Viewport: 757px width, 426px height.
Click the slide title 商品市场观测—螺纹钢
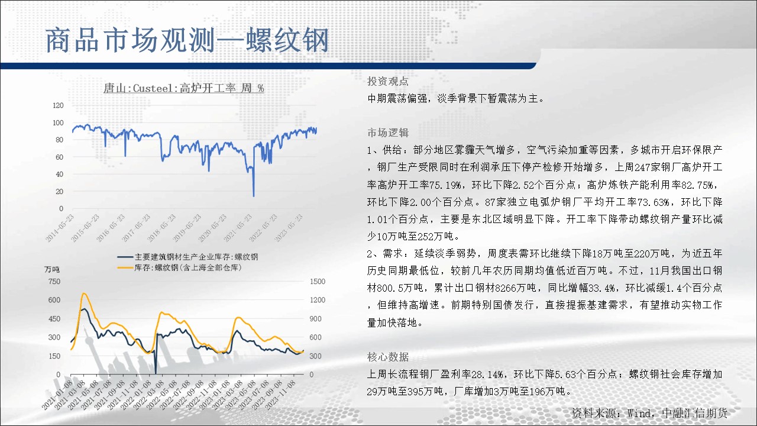tap(187, 41)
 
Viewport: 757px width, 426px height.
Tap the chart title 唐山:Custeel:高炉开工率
tap(169, 88)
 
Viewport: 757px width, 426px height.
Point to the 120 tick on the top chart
tap(58, 105)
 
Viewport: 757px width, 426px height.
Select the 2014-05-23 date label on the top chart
tap(60, 228)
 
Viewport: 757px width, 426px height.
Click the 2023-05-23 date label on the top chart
tap(288, 228)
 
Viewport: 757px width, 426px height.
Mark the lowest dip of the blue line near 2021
tap(254, 196)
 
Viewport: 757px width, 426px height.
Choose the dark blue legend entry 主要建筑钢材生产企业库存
tap(187, 257)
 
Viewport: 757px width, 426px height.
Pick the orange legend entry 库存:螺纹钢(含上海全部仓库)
tap(179, 268)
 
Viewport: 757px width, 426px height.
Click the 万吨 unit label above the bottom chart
tap(51, 269)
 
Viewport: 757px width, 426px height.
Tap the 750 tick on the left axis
tap(54, 281)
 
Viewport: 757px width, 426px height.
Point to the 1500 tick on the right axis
tap(318, 281)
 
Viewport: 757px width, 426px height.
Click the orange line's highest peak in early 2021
tap(83, 293)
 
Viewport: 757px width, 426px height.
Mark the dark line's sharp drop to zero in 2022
tap(156, 373)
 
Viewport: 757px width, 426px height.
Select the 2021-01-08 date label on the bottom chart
tap(56, 395)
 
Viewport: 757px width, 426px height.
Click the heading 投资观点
tap(387, 81)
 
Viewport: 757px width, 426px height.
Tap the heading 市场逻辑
tap(387, 133)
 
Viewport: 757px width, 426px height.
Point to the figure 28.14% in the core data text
tap(487, 375)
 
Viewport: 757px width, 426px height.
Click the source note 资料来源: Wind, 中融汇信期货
tap(649, 413)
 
